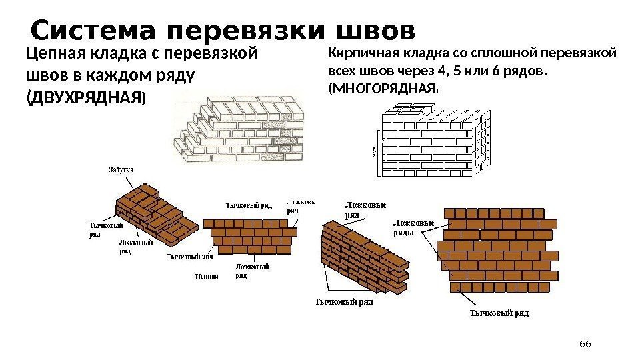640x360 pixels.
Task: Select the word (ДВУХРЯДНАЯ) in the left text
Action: pyautogui.click(x=84, y=98)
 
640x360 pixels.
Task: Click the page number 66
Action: pyautogui.click(x=585, y=343)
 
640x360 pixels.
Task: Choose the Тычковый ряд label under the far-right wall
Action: pyautogui.click(x=500, y=312)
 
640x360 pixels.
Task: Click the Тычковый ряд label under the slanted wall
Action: pyautogui.click(x=343, y=301)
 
